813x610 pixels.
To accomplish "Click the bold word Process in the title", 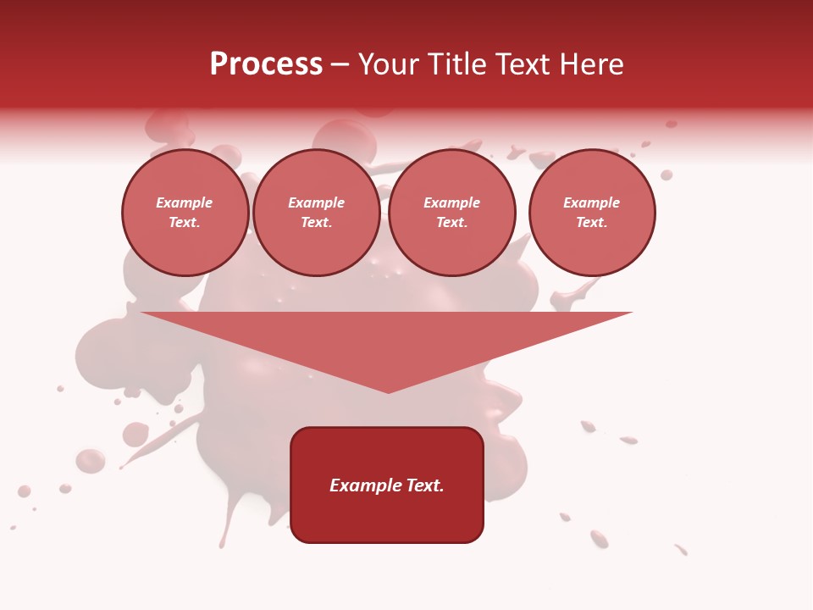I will tap(266, 64).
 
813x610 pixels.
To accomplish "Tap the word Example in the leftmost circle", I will tap(185, 202).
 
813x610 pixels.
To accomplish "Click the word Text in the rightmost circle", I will tap(591, 222).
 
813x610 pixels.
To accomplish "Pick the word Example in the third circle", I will tap(451, 202).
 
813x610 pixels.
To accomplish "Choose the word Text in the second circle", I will tap(316, 222).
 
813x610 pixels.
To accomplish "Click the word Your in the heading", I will tap(387, 64).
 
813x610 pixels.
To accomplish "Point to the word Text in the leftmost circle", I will tap(185, 222).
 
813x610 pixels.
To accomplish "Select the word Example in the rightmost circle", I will tap(591, 202).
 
